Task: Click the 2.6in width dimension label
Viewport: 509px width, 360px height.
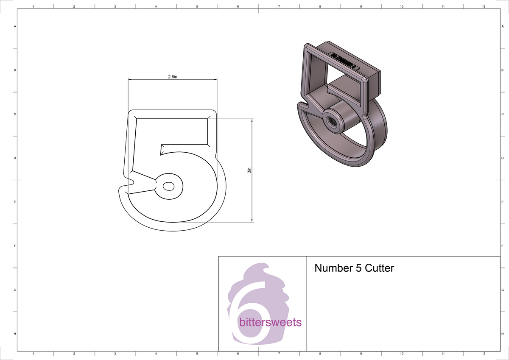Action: click(172, 77)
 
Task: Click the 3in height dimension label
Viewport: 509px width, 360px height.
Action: click(249, 171)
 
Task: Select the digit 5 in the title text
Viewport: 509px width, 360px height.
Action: click(353, 268)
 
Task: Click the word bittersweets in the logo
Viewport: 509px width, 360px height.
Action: click(270, 323)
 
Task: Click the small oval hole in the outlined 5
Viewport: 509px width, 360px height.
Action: click(168, 186)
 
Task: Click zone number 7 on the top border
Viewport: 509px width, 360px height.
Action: click(279, 7)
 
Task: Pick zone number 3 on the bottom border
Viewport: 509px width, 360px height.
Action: click(115, 353)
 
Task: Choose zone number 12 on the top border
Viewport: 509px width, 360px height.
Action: click(484, 7)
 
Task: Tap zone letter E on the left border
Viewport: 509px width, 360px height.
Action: click(15, 202)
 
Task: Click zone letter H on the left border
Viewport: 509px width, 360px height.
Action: click(15, 334)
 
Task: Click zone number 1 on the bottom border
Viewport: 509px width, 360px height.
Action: click(33, 353)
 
